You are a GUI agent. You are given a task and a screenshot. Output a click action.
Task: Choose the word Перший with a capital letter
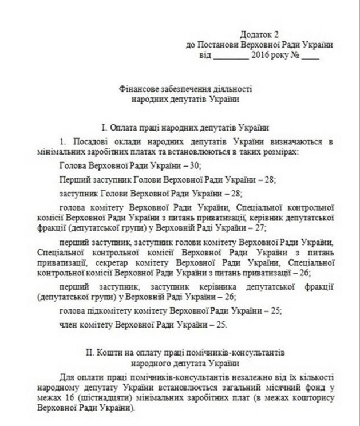click(x=73, y=179)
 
